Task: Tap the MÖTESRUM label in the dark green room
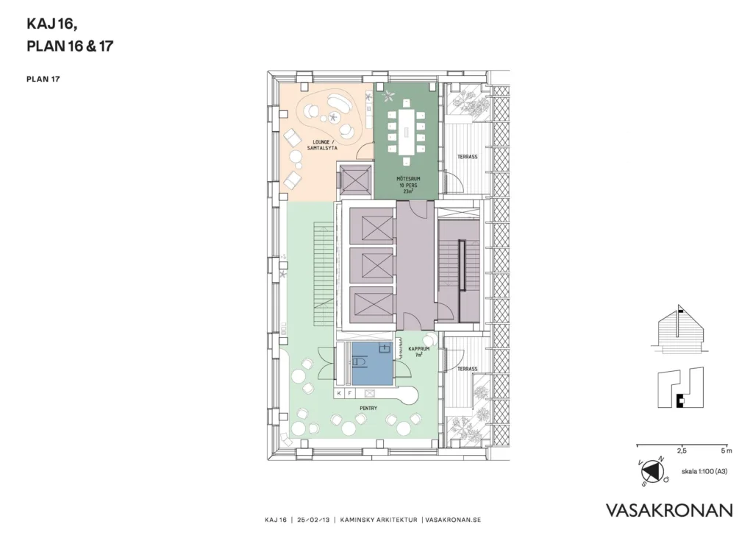408,179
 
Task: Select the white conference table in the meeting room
406,127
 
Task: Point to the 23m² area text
408,191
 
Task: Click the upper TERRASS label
467,157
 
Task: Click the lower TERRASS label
467,369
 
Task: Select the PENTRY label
368,408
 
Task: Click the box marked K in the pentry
340,393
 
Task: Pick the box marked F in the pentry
349,393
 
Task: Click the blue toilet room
372,363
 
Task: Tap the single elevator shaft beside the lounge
355,181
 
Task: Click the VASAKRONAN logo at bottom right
669,510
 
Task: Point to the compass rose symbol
652,470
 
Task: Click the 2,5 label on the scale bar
682,451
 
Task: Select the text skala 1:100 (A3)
704,471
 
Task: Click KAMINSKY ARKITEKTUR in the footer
379,520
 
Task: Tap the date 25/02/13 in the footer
313,520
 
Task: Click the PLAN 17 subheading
43,80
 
